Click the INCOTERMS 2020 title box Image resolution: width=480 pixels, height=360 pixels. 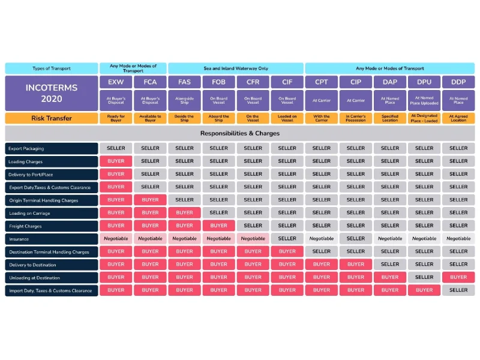tap(52, 93)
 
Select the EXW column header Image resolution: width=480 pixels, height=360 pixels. tap(116, 82)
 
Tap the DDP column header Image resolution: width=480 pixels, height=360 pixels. tap(458, 82)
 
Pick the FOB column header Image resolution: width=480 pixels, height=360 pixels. tap(218, 82)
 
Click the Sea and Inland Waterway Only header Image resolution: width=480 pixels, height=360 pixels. tap(236, 68)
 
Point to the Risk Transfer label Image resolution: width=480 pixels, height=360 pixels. tap(52, 118)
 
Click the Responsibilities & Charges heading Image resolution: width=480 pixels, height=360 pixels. tap(240, 133)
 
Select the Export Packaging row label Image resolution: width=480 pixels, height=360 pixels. tap(52, 148)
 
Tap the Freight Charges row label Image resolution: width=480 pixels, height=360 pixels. tap(52, 226)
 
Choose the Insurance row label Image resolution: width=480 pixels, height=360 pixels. tap(52, 239)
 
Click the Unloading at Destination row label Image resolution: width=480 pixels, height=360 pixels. tap(52, 278)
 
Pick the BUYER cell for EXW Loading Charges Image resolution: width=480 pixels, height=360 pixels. tap(116, 161)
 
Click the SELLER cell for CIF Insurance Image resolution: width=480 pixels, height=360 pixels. tap(287, 239)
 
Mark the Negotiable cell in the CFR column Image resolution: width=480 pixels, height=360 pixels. tap(253, 239)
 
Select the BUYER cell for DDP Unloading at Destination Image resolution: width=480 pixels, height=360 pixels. tap(458, 277)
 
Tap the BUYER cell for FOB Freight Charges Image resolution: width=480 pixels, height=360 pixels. tap(218, 226)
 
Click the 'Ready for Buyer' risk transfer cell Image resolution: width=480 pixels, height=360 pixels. tap(116, 118)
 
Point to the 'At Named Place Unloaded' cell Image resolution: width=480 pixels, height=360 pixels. tap(424, 101)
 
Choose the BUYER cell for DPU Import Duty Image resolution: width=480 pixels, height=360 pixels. tap(424, 290)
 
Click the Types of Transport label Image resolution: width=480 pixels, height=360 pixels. tap(52, 68)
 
